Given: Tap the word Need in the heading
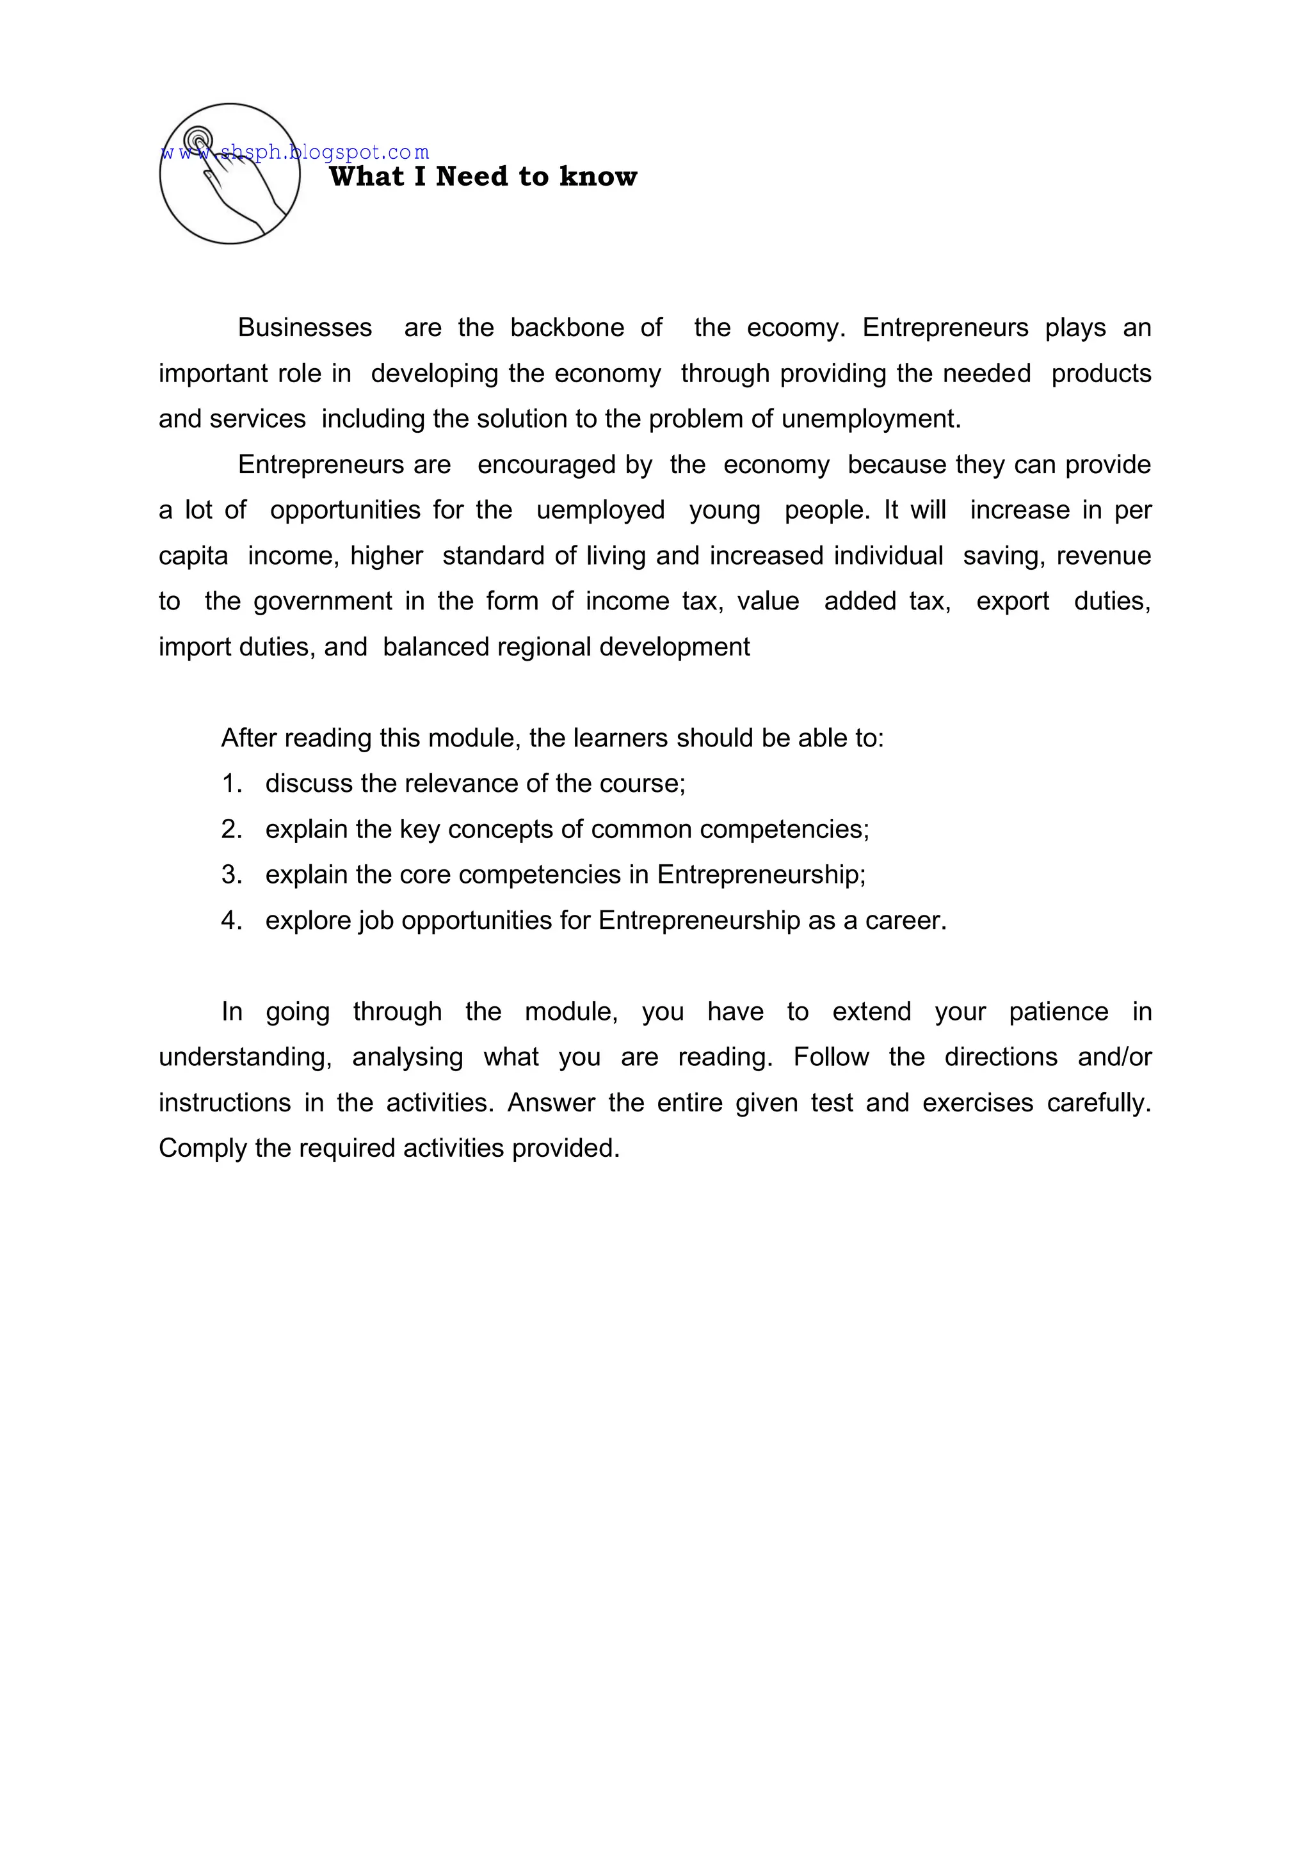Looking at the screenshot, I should point(471,177).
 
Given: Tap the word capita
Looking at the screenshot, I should point(193,556).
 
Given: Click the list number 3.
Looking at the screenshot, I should point(231,875).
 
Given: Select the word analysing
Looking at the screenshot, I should point(407,1058).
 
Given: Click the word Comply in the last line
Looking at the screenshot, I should point(202,1149).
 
